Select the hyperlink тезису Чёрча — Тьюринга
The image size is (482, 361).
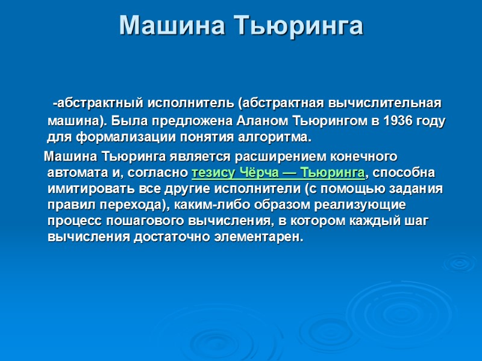point(278,173)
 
